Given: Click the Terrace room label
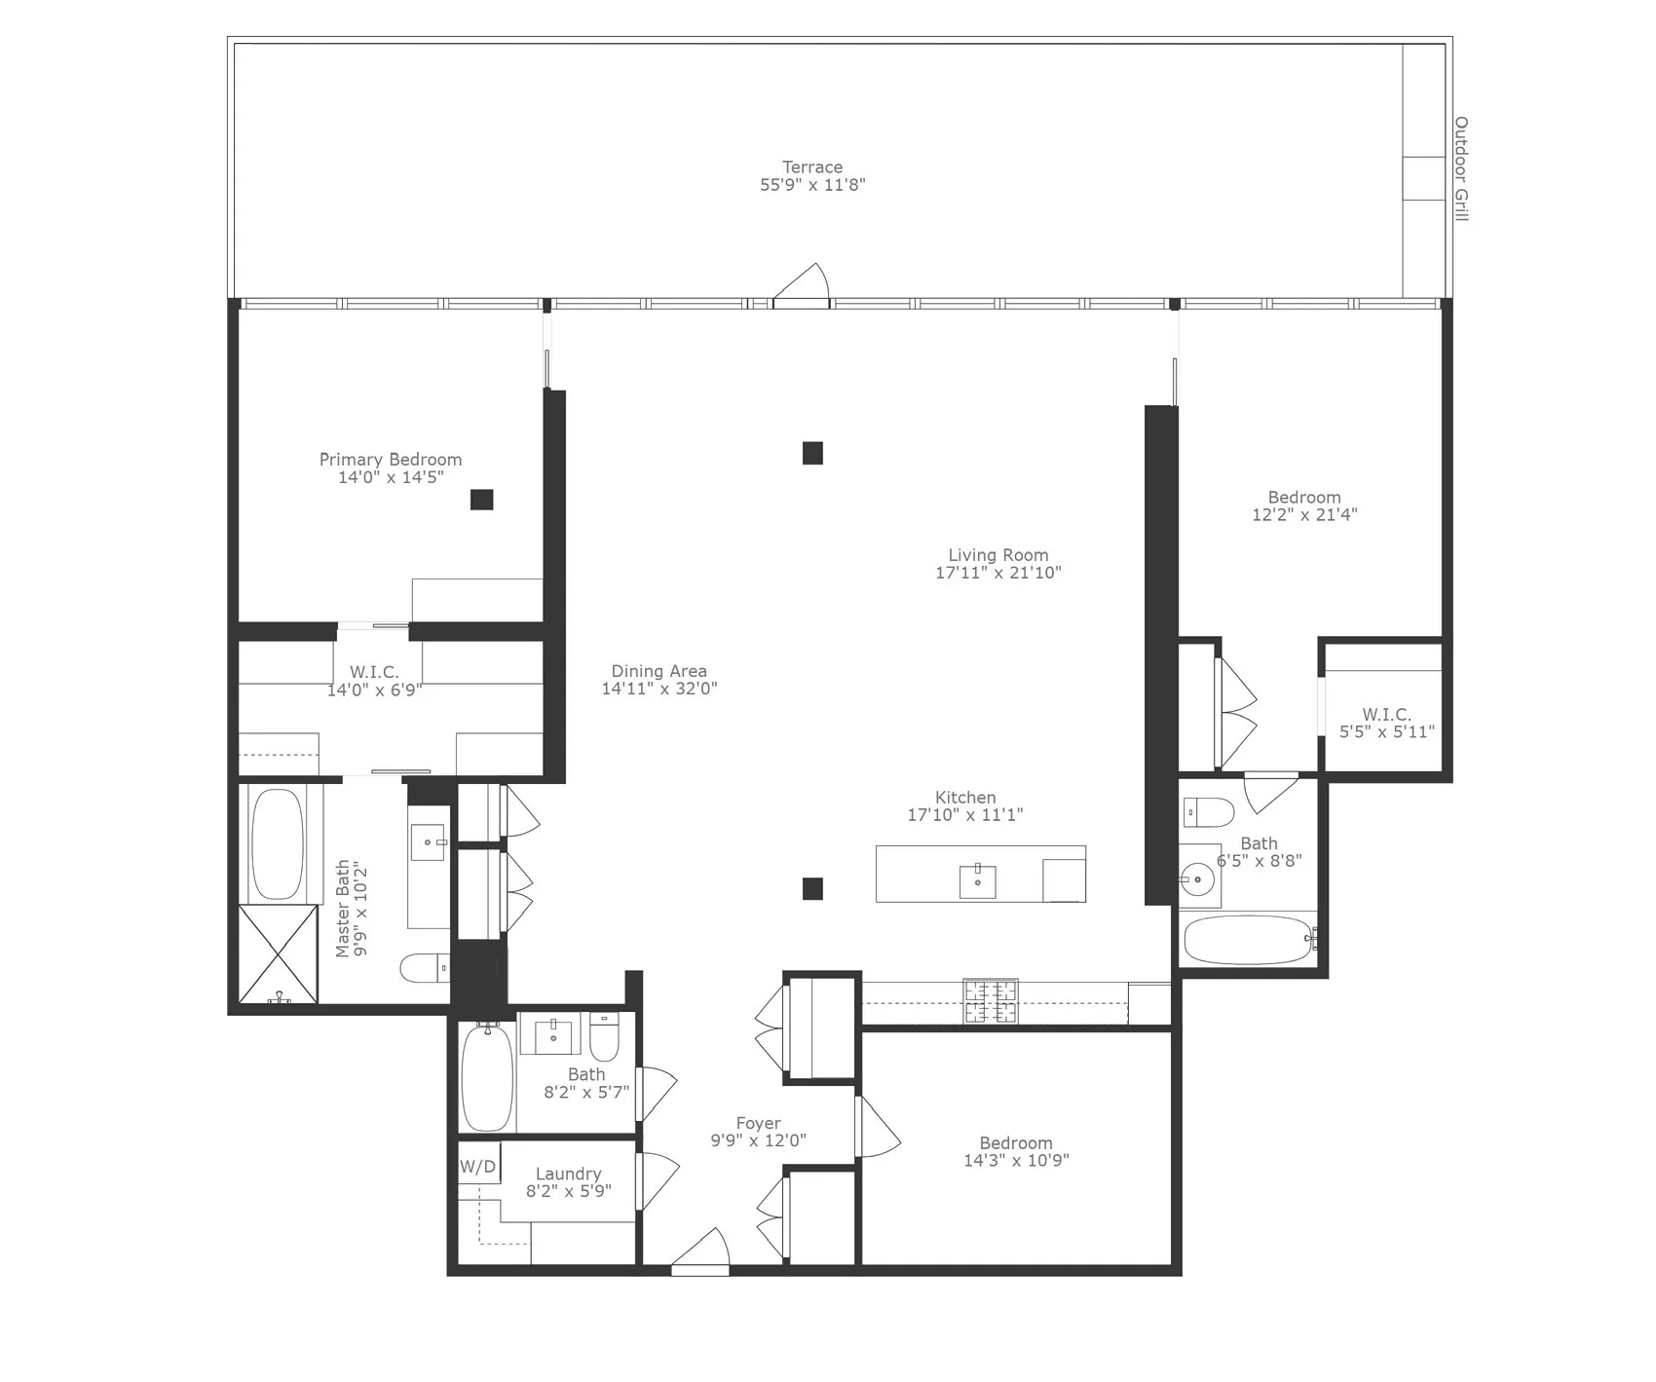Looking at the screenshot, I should (811, 168).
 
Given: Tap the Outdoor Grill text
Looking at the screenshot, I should (1460, 168).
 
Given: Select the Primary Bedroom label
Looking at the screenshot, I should (391, 460).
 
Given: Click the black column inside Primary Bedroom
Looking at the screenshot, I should (481, 500).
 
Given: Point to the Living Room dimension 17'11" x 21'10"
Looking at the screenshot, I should (997, 573).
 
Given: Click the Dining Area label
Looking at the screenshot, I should (659, 671).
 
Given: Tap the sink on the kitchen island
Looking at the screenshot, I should (977, 880).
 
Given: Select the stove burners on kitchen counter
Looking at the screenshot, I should (991, 1001).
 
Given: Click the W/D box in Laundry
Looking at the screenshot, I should (477, 1166).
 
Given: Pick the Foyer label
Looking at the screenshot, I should (758, 1123).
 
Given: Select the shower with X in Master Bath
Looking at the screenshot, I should (279, 952).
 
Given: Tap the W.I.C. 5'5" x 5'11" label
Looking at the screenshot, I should (1386, 715).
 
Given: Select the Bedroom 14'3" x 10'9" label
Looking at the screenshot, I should (1016, 1143).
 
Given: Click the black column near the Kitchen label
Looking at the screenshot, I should (812, 888).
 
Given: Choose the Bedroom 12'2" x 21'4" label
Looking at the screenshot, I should (1303, 498).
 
